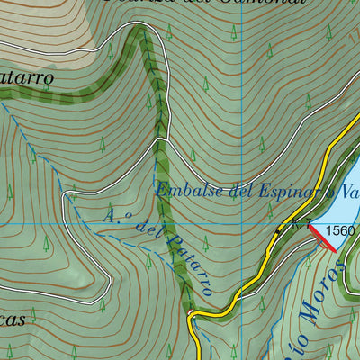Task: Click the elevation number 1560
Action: click(x=341, y=230)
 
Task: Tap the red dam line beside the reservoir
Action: click(x=323, y=238)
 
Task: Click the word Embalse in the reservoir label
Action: click(x=185, y=190)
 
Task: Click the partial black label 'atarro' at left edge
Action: click(x=27, y=77)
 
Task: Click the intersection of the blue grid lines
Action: click(x=241, y=222)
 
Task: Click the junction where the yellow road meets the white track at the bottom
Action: click(x=192, y=314)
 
